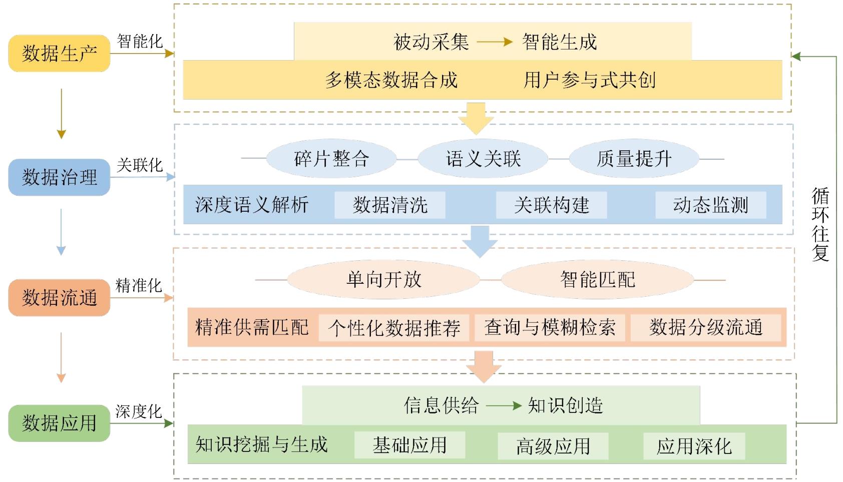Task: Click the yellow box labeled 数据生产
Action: (x=59, y=53)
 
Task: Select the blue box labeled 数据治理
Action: (x=59, y=177)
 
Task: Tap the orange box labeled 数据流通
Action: (x=59, y=298)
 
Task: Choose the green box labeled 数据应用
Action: (x=59, y=423)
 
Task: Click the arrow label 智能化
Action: (x=140, y=41)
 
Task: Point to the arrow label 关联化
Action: (x=140, y=165)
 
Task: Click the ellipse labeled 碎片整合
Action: (x=331, y=159)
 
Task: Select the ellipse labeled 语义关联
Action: (x=483, y=159)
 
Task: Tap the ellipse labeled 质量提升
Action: (x=634, y=159)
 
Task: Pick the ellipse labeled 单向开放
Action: (x=383, y=279)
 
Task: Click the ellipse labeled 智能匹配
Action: (x=597, y=279)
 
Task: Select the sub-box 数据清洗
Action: (x=390, y=205)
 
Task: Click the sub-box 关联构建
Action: (x=551, y=205)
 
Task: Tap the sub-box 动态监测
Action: (x=710, y=205)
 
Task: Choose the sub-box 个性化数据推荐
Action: (x=394, y=328)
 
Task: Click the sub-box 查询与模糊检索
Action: (x=550, y=328)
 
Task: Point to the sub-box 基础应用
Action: (x=409, y=445)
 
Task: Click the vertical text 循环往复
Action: (x=820, y=224)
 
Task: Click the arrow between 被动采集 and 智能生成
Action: (x=495, y=42)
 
